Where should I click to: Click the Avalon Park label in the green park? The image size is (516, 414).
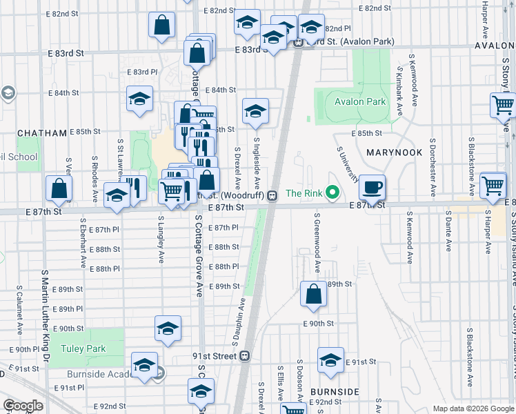359,101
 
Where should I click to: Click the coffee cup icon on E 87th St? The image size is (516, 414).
373,186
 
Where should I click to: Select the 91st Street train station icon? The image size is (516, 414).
244,356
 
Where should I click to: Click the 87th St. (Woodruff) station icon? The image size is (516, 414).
272,195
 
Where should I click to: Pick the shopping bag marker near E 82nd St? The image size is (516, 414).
161,26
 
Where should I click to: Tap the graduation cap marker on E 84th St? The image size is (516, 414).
139,98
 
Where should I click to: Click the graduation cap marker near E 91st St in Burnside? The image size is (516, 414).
331,359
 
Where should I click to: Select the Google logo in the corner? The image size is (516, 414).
23,406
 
